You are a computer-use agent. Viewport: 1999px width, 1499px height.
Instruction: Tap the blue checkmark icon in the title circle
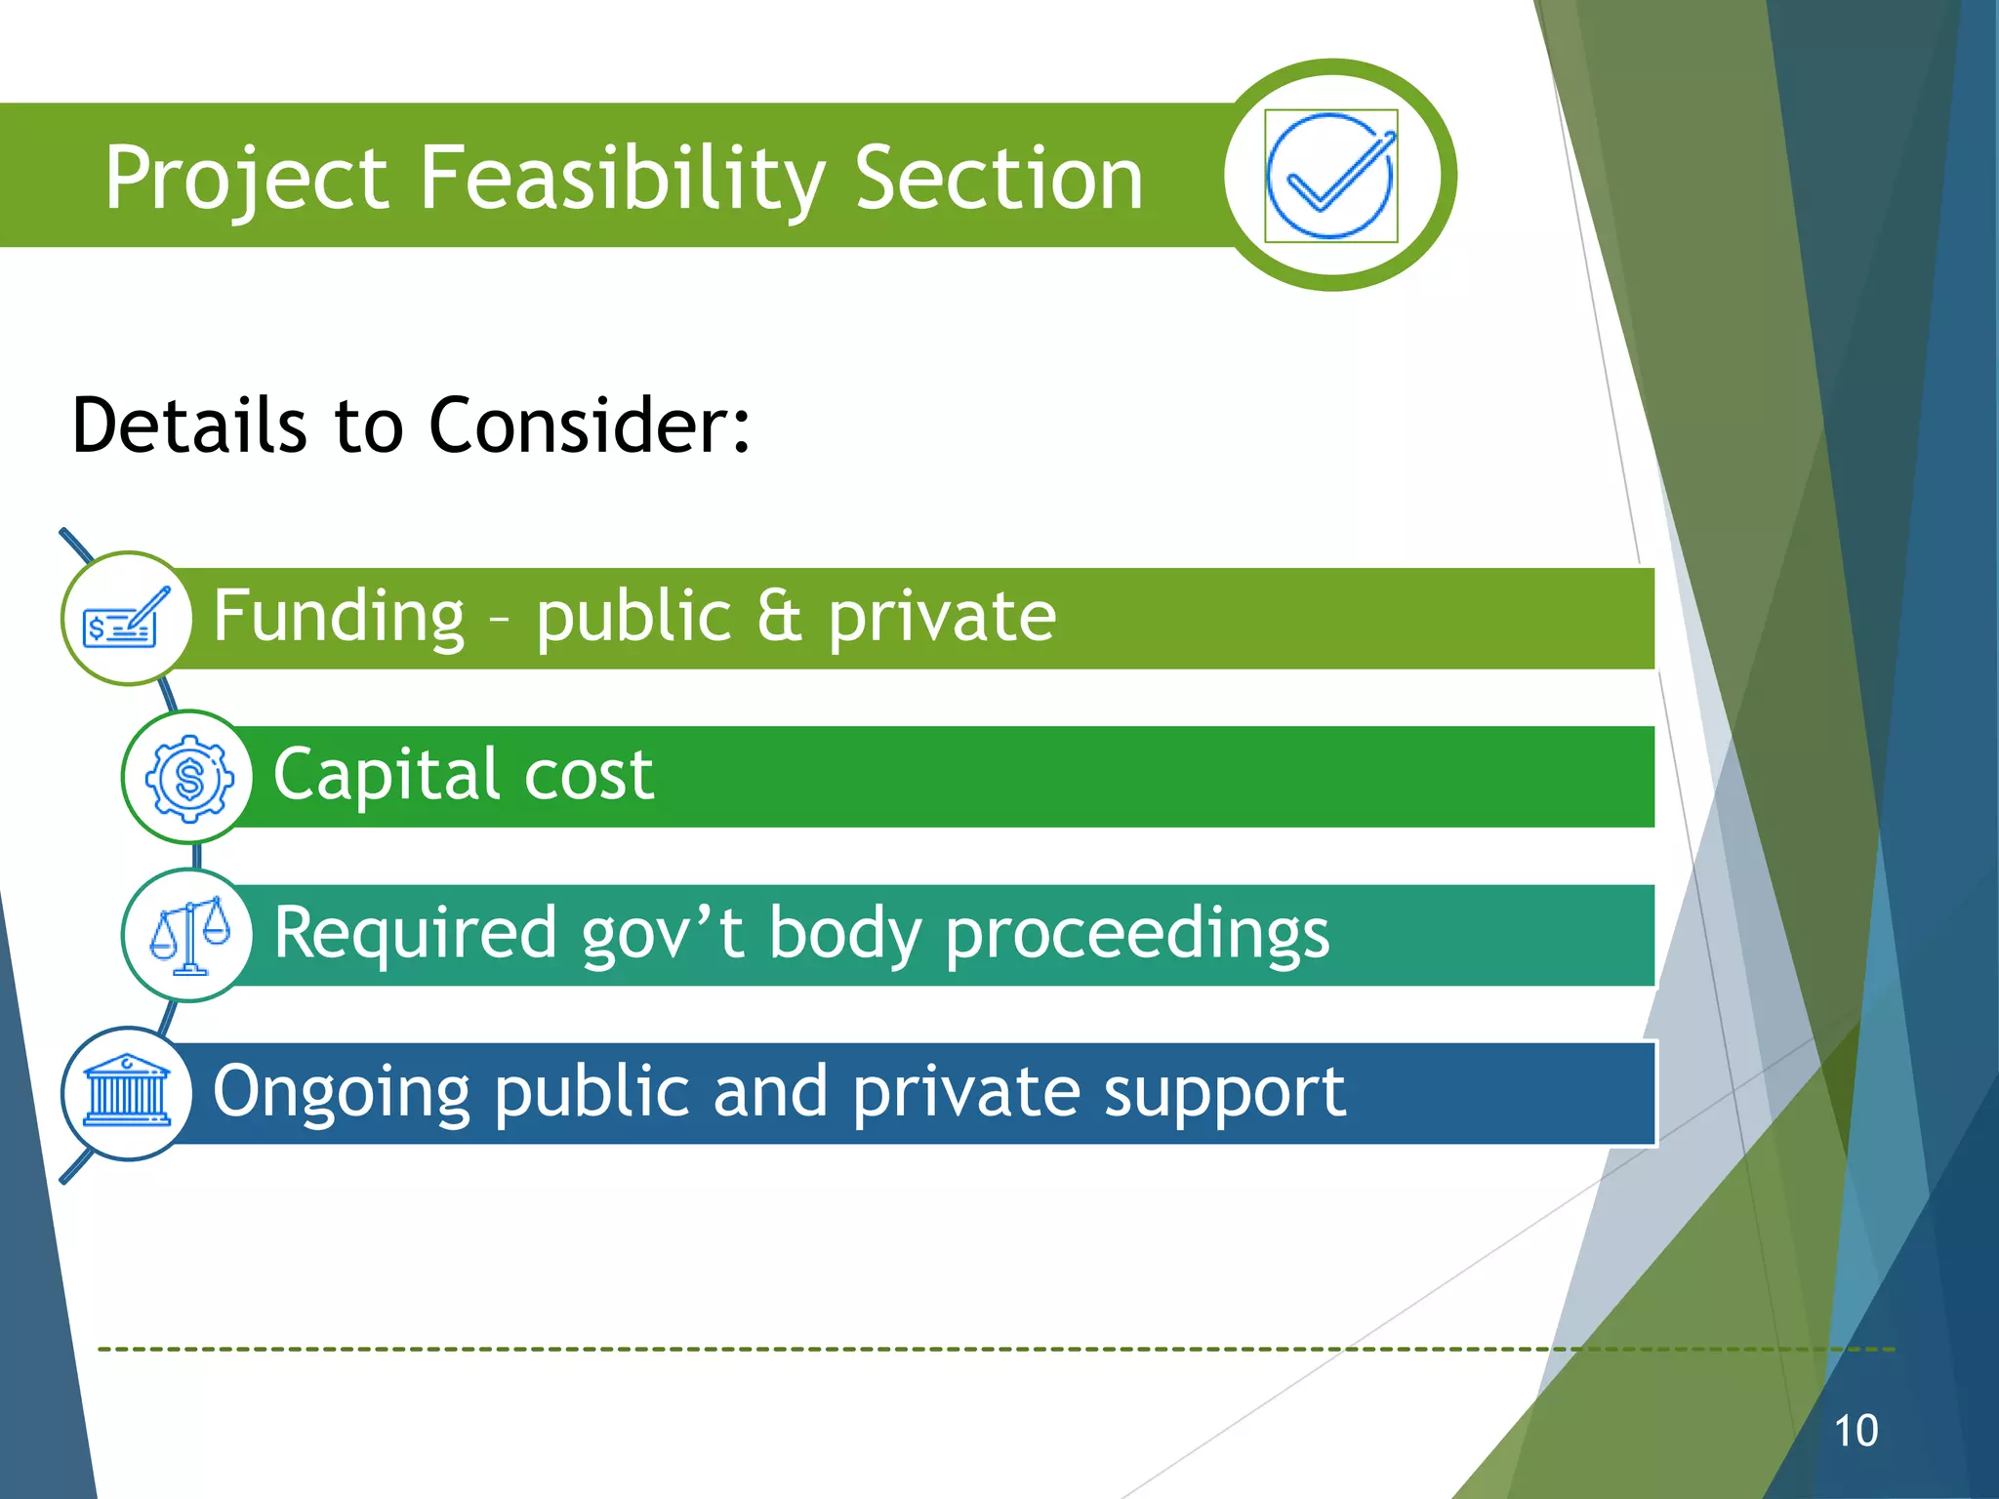(x=1331, y=176)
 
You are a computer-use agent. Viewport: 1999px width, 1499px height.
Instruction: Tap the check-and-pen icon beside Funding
(x=127, y=619)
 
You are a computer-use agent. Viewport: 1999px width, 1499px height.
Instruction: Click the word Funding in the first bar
(x=339, y=617)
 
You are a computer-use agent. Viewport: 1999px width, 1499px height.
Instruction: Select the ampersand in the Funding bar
(x=779, y=617)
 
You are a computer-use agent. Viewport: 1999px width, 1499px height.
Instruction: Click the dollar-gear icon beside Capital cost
(x=189, y=778)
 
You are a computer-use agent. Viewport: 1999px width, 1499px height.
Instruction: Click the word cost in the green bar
(x=589, y=775)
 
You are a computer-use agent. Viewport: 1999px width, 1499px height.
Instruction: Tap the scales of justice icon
(x=189, y=935)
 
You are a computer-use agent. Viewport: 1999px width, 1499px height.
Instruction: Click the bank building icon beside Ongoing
(x=127, y=1093)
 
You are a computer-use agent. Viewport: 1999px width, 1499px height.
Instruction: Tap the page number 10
(x=1856, y=1431)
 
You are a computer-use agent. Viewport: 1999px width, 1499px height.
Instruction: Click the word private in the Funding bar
(x=942, y=617)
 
